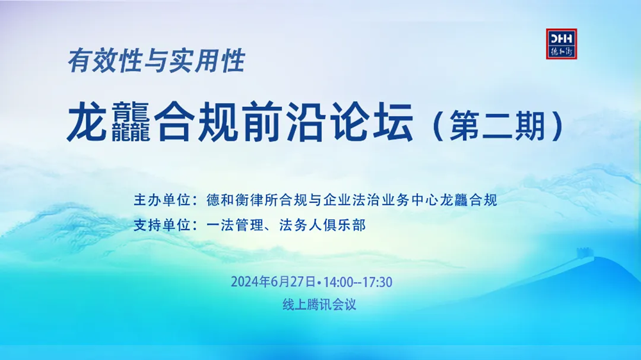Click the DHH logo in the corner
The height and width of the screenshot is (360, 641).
tap(562, 44)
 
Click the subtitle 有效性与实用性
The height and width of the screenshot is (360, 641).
tap(156, 61)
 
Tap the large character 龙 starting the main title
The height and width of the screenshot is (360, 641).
tap(87, 122)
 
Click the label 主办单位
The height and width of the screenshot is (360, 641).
tap(162, 200)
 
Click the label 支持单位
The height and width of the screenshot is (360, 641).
tap(162, 225)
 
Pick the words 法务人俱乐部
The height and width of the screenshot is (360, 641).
tap(322, 225)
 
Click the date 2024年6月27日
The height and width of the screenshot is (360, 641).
tap(273, 282)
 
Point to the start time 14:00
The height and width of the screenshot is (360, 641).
tap(338, 282)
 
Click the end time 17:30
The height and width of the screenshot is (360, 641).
tap(378, 282)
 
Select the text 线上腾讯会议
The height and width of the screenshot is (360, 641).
tap(319, 304)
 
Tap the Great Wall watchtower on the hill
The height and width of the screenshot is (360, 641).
tap(583, 254)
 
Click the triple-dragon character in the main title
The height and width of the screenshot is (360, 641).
tap(131, 122)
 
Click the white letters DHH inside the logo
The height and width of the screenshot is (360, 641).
tap(562, 39)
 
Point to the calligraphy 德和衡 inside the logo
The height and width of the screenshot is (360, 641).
tap(562, 51)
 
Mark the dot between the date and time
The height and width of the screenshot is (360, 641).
tap(319, 282)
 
